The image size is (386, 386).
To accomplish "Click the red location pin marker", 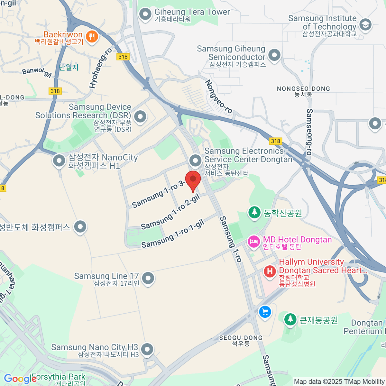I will click(193, 180).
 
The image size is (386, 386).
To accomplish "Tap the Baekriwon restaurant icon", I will click(92, 36).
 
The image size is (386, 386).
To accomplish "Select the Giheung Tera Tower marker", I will click(145, 14).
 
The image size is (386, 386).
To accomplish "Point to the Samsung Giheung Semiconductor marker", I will click(274, 55).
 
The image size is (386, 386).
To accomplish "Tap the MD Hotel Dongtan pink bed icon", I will click(254, 241).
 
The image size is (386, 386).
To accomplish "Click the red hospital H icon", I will click(270, 271).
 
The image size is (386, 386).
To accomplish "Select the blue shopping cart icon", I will click(265, 311).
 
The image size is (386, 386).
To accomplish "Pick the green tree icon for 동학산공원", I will click(254, 212).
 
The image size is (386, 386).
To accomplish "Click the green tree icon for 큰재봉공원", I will click(290, 319).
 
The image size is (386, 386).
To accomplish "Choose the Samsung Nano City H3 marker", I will click(147, 349).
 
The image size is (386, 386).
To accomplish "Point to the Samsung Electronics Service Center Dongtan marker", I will click(195, 160).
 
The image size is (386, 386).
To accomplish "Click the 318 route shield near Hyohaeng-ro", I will click(123, 57).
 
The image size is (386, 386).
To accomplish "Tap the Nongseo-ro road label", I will click(219, 96).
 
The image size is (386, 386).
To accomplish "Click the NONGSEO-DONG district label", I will click(303, 89).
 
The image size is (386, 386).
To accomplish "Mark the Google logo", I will click(20, 379).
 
